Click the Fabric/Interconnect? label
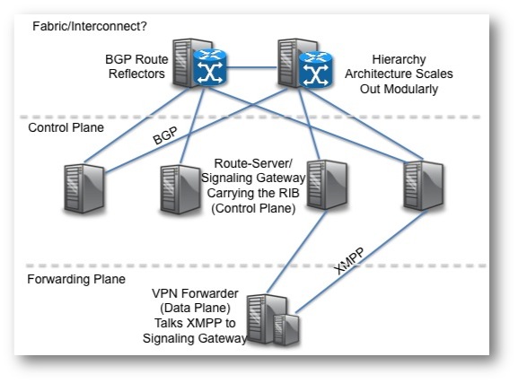click(x=90, y=26)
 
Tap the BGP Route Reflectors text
click(x=136, y=66)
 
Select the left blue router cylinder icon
click(x=210, y=67)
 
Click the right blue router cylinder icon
click(x=315, y=69)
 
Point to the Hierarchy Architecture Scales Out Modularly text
click(x=399, y=74)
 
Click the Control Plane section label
click(x=66, y=127)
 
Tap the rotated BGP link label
click(x=165, y=135)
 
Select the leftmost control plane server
click(x=84, y=188)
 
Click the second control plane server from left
click(x=180, y=189)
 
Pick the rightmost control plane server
click(x=423, y=186)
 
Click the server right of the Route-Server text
click(x=327, y=185)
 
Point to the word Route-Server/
click(x=253, y=163)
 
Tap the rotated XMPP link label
click(x=349, y=261)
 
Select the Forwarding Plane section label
click(x=76, y=279)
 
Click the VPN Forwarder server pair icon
click(x=273, y=320)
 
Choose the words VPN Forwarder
click(x=195, y=293)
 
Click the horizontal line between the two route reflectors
click(x=251, y=67)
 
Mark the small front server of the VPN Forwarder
click(x=286, y=330)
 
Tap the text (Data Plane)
click(x=195, y=308)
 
